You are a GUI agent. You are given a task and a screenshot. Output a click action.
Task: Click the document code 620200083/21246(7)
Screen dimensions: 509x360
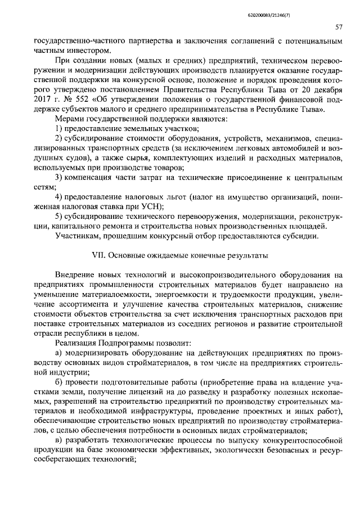tap(314, 8)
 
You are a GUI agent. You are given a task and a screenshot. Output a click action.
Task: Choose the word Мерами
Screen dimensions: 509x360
tap(70, 119)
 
